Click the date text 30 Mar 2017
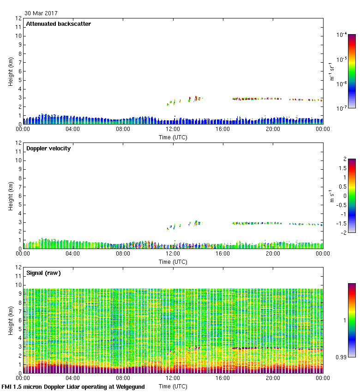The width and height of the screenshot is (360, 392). pos(41,13)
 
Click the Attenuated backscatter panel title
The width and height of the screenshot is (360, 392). pos(59,24)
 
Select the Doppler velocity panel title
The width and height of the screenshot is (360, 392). pos(48,148)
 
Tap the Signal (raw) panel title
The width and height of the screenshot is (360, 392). pos(43,273)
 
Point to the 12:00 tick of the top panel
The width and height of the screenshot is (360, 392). pos(173,130)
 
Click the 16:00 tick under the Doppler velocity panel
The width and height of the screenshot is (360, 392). pos(223,254)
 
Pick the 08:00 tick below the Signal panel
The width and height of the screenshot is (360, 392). pos(123,378)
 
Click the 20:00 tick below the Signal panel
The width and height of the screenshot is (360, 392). pos(273,378)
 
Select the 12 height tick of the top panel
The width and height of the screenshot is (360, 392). pos(19,18)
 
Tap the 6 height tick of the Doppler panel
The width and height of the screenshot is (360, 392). pos(19,196)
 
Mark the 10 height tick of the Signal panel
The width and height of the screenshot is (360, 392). pos(19,285)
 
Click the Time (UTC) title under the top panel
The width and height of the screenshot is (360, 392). pos(173,137)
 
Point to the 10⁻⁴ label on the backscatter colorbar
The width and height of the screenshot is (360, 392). pos(342,35)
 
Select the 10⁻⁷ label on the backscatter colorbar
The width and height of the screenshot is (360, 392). pos(342,108)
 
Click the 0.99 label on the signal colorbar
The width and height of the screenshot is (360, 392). pos(341,357)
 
